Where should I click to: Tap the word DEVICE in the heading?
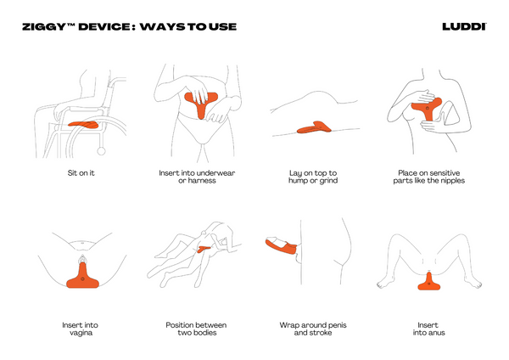click(103, 27)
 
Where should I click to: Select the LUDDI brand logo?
click(464, 27)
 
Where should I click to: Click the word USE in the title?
click(222, 27)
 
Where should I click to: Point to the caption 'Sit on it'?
click(81, 173)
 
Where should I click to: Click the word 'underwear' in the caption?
click(215, 173)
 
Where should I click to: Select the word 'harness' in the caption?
click(201, 181)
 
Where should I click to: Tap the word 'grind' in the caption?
click(328, 181)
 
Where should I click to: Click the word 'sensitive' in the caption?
click(445, 173)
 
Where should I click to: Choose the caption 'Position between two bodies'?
click(197, 329)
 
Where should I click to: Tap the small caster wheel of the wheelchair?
click(101, 151)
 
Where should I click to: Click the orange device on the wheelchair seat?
click(83, 125)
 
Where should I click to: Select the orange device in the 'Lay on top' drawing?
click(314, 127)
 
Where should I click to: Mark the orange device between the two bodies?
click(204, 250)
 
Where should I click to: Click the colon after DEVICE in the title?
click(134, 28)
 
